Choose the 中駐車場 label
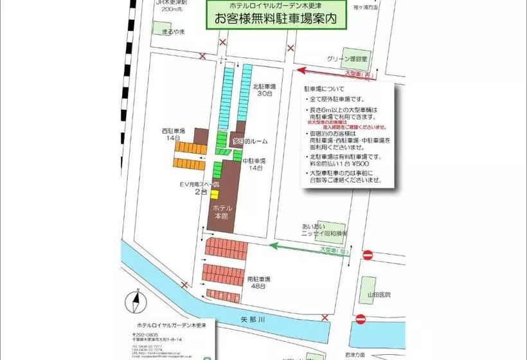pyautogui.click(x=255, y=161)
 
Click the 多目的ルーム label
pyautogui.click(x=250, y=141)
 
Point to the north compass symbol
pyautogui.click(x=136, y=301)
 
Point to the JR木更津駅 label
pyautogui.click(x=170, y=3)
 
